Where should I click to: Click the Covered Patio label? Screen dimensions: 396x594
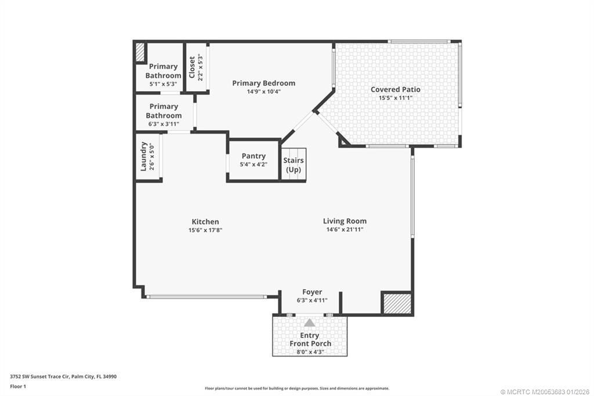(395, 89)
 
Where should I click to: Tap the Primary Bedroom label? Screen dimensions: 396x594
(263, 83)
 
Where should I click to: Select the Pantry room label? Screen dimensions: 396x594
(253, 156)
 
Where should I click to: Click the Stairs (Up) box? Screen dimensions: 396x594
(294, 164)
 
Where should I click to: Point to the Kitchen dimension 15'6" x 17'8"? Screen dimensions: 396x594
(205, 230)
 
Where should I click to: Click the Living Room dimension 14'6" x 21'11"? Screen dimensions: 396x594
(345, 229)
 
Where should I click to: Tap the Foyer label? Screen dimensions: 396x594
(312, 292)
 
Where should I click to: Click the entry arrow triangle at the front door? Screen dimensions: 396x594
(310, 323)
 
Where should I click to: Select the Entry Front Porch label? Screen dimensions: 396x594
(310, 340)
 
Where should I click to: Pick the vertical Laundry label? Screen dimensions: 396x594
(144, 156)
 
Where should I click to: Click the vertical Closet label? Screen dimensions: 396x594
(192, 67)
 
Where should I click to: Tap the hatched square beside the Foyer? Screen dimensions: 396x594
(397, 303)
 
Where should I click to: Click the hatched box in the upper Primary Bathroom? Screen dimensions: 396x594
(139, 52)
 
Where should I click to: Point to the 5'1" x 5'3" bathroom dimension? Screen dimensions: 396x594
(163, 84)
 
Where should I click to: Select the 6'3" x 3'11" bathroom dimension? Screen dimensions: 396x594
(164, 124)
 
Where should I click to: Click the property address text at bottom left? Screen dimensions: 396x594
(63, 376)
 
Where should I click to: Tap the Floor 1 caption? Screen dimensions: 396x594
(18, 386)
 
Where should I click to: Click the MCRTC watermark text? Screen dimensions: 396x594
(544, 392)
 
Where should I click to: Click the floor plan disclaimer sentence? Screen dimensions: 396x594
(296, 388)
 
